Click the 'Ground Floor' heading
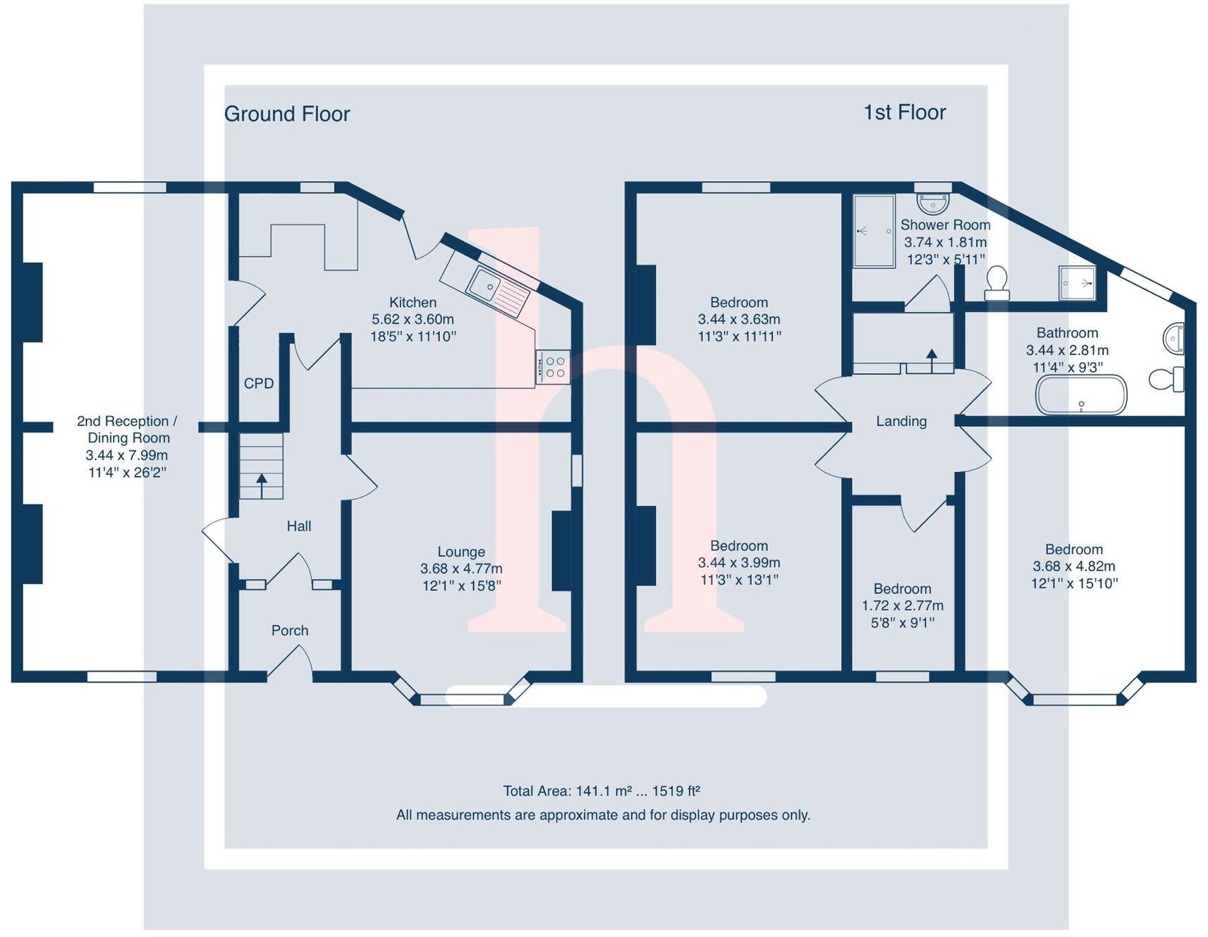286,114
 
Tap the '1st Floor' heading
904,112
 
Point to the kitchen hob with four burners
553,367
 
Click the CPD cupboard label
259,384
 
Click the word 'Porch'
290,631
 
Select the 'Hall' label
299,526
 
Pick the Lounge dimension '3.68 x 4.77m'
461,569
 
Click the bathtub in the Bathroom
1080,395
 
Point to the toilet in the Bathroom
1166,380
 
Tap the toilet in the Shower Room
996,283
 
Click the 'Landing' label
901,421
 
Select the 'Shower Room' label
945,225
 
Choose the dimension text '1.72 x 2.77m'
903,605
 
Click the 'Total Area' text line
602,792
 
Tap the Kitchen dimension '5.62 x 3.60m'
413,320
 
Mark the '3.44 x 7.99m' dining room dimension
127,455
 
